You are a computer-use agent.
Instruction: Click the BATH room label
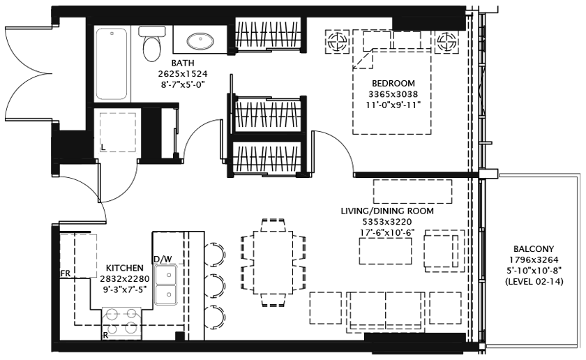(x=183, y=63)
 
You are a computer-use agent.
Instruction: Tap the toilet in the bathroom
(x=151, y=45)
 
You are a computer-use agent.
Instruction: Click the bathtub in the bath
(x=112, y=64)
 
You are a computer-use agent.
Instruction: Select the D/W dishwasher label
(x=163, y=260)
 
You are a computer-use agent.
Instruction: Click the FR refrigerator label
(x=66, y=273)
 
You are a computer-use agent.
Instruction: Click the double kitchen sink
(x=165, y=285)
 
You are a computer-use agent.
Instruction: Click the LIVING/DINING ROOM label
(x=387, y=211)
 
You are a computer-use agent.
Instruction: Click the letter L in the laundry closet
(x=103, y=147)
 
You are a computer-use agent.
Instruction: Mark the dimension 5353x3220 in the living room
(x=387, y=222)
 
